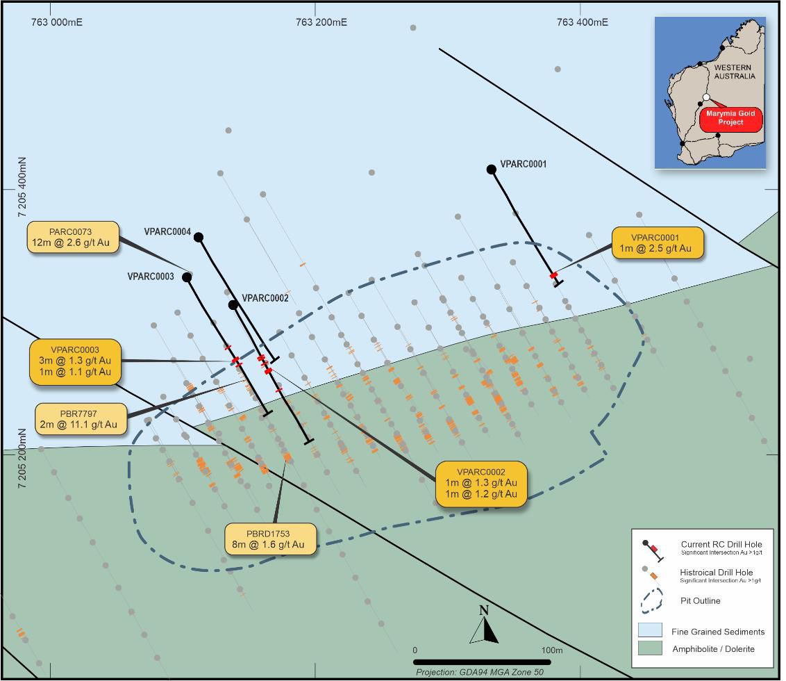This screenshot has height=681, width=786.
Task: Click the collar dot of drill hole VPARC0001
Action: point(492,169)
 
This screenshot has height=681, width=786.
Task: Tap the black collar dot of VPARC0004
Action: point(199,238)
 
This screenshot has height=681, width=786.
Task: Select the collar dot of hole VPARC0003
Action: point(187,277)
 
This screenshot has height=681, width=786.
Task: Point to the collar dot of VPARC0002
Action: point(233,305)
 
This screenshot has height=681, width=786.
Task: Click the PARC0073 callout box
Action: point(72,237)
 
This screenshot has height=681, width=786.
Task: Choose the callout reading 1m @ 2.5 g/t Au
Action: point(656,243)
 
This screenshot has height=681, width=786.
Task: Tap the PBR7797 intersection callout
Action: point(83,419)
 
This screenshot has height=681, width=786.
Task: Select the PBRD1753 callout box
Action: point(271,539)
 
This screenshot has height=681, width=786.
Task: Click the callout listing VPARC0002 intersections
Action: point(481,483)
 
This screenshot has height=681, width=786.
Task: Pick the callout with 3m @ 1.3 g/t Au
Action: point(76,361)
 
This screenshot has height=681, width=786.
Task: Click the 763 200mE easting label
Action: point(321,22)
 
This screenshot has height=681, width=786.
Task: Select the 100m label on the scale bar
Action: point(552,650)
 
